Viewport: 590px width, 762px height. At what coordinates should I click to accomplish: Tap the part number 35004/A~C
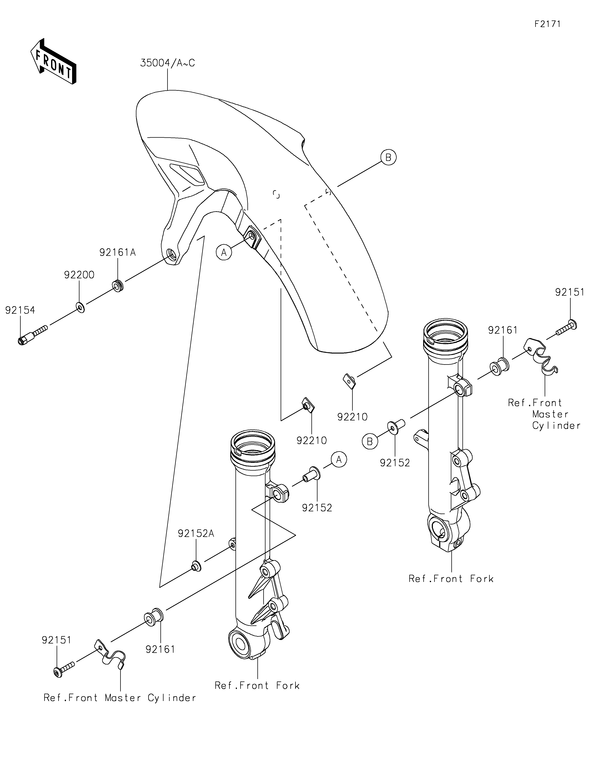pos(167,63)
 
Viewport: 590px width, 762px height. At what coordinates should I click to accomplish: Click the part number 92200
pos(79,275)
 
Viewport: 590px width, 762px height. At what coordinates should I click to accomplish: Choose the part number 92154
pos(20,310)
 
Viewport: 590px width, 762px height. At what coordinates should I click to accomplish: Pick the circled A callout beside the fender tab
pos(224,252)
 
